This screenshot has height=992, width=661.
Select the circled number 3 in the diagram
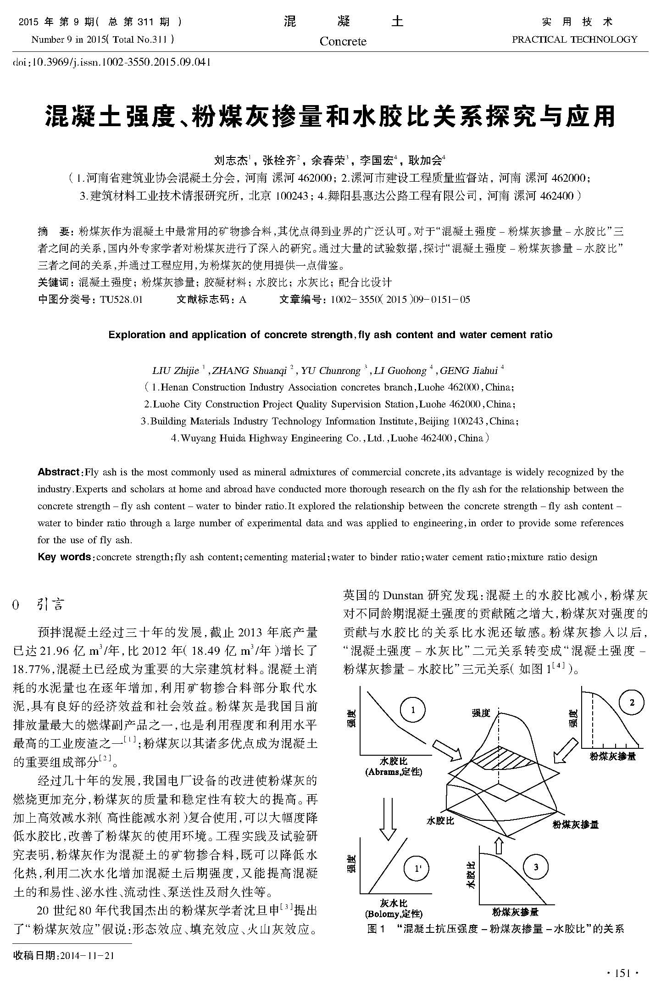[x=536, y=867]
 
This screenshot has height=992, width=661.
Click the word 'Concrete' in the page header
[x=343, y=41]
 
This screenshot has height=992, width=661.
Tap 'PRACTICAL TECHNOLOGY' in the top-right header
[x=574, y=39]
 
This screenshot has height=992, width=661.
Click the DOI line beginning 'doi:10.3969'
[x=112, y=61]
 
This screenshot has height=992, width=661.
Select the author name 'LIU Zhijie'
[x=175, y=370]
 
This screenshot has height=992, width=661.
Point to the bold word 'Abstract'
[x=59, y=472]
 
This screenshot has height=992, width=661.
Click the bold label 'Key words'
[x=64, y=557]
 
